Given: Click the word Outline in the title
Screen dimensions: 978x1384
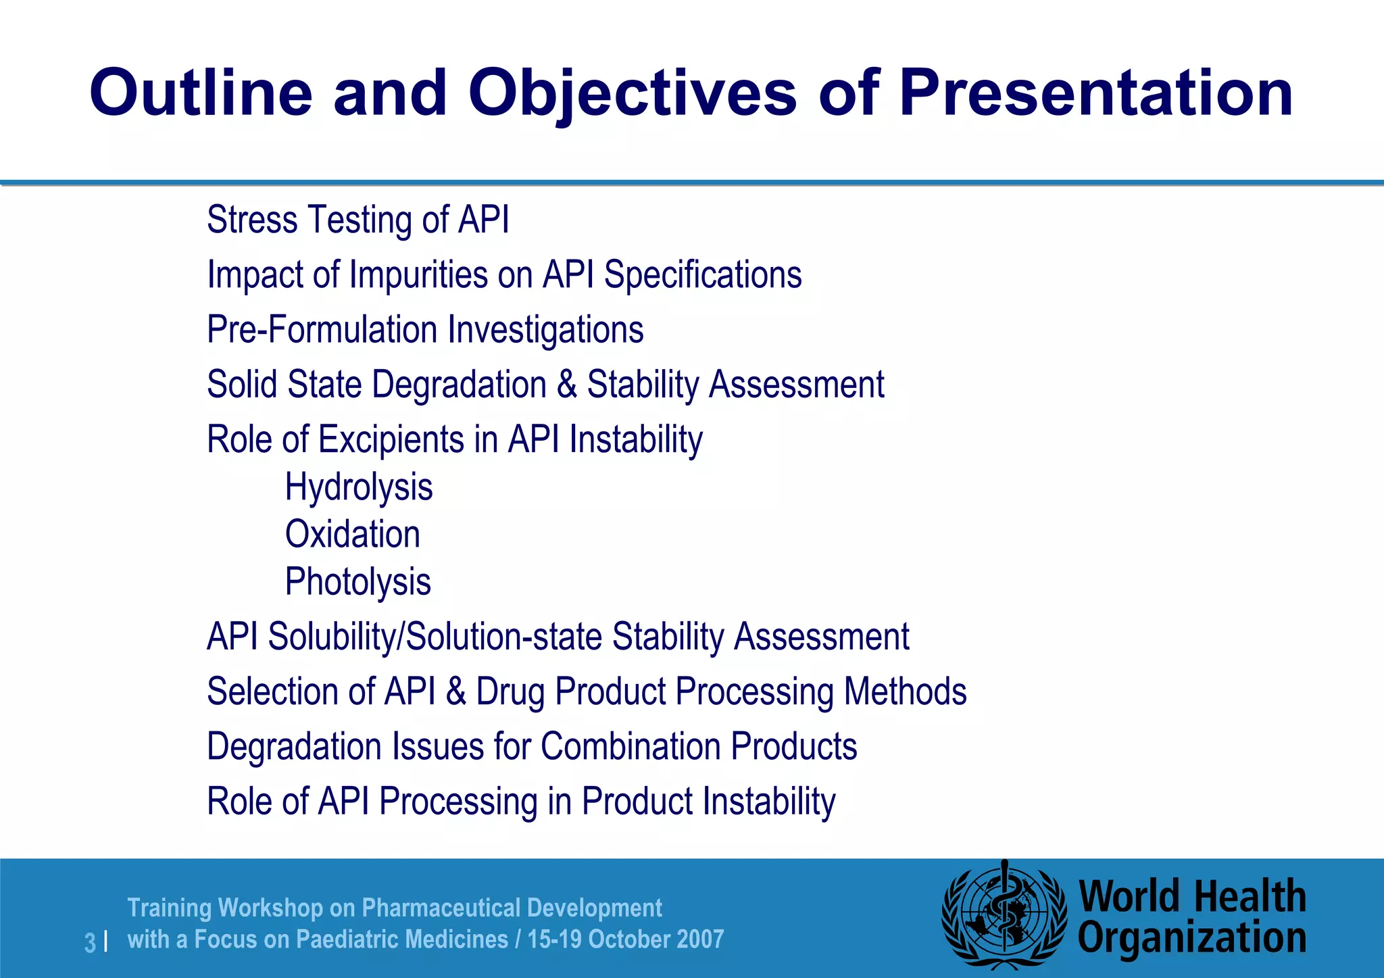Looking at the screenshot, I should pyautogui.click(x=201, y=93).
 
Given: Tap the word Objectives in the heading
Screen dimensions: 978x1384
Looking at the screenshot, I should pyautogui.click(x=633, y=93).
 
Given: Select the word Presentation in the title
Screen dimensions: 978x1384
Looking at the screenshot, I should pyautogui.click(x=1095, y=93).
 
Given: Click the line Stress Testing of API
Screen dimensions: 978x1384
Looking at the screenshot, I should pyautogui.click(x=357, y=220).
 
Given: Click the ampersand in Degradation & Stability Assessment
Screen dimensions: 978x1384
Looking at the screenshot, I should pyautogui.click(x=566, y=385).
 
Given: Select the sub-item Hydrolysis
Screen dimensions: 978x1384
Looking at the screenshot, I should pyautogui.click(x=359, y=487).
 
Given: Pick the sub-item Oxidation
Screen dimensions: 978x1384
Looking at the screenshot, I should pyautogui.click(x=352, y=535).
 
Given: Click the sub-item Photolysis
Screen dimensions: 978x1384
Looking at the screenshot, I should pyautogui.click(x=357, y=582).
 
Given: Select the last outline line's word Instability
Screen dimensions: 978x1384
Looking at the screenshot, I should pyautogui.click(x=769, y=802).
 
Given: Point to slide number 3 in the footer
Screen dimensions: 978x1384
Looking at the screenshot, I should pyautogui.click(x=90, y=942).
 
